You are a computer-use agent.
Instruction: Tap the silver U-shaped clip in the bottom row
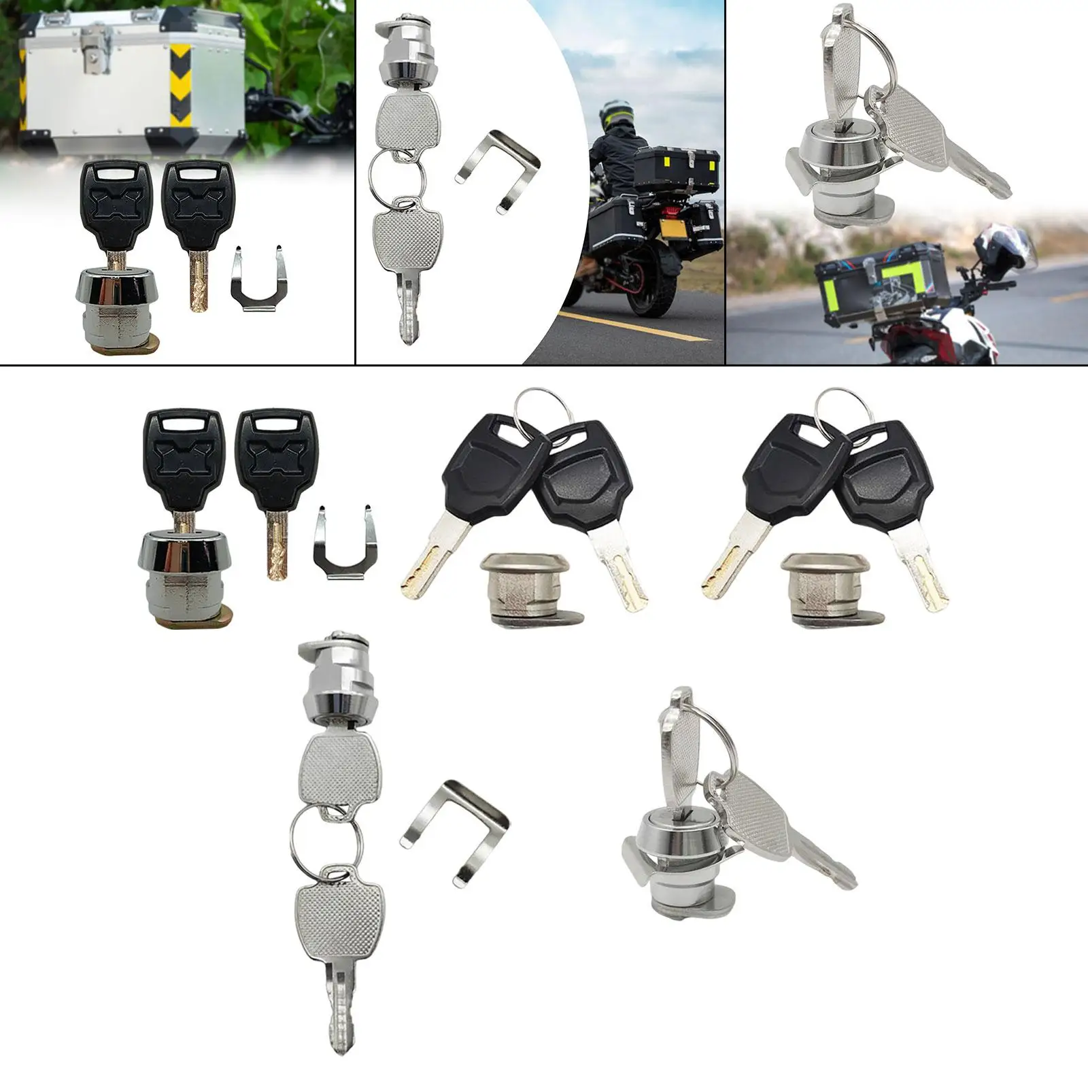(454, 833)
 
